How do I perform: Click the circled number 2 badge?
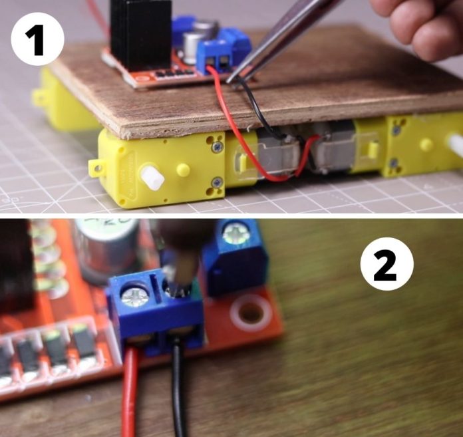[386, 265]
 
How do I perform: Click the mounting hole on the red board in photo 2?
[250, 312]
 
